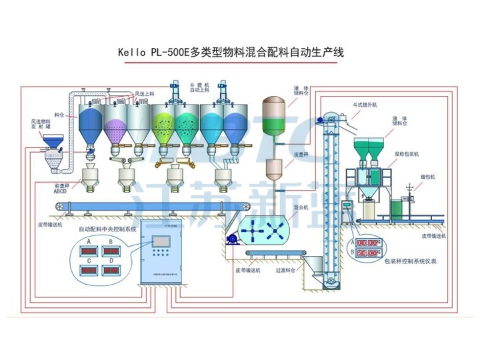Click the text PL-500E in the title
[168, 52]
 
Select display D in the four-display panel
[111, 271]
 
